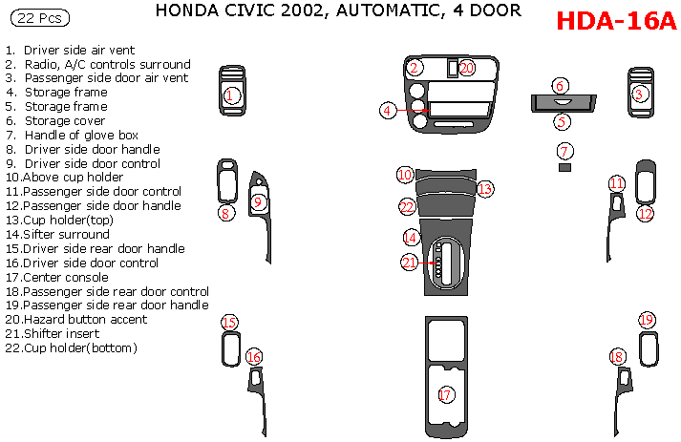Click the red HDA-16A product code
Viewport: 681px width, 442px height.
pos(616,20)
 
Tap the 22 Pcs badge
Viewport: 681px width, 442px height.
pos(39,18)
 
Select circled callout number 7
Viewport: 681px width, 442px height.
pos(564,151)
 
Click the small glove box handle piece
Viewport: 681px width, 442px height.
pos(564,167)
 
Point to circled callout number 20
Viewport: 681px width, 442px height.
pos(466,68)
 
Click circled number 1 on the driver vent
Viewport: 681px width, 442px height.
pos(230,95)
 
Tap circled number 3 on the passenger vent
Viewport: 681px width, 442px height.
pos(639,95)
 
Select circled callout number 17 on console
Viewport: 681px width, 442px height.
pos(445,394)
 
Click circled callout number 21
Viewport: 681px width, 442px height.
pos(409,263)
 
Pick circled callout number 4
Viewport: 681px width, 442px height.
pos(388,111)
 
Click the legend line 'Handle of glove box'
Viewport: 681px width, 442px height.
pos(72,135)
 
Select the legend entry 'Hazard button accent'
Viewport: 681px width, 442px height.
pos(76,320)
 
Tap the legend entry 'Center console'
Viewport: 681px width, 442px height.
pos(57,278)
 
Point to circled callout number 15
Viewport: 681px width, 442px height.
pos(229,322)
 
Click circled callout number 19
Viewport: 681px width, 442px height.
pos(647,320)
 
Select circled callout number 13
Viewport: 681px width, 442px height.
pos(484,189)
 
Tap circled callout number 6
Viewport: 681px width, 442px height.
pos(560,86)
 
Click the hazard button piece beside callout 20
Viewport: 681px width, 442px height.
pos(453,68)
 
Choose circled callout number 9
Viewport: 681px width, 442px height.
pos(258,201)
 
